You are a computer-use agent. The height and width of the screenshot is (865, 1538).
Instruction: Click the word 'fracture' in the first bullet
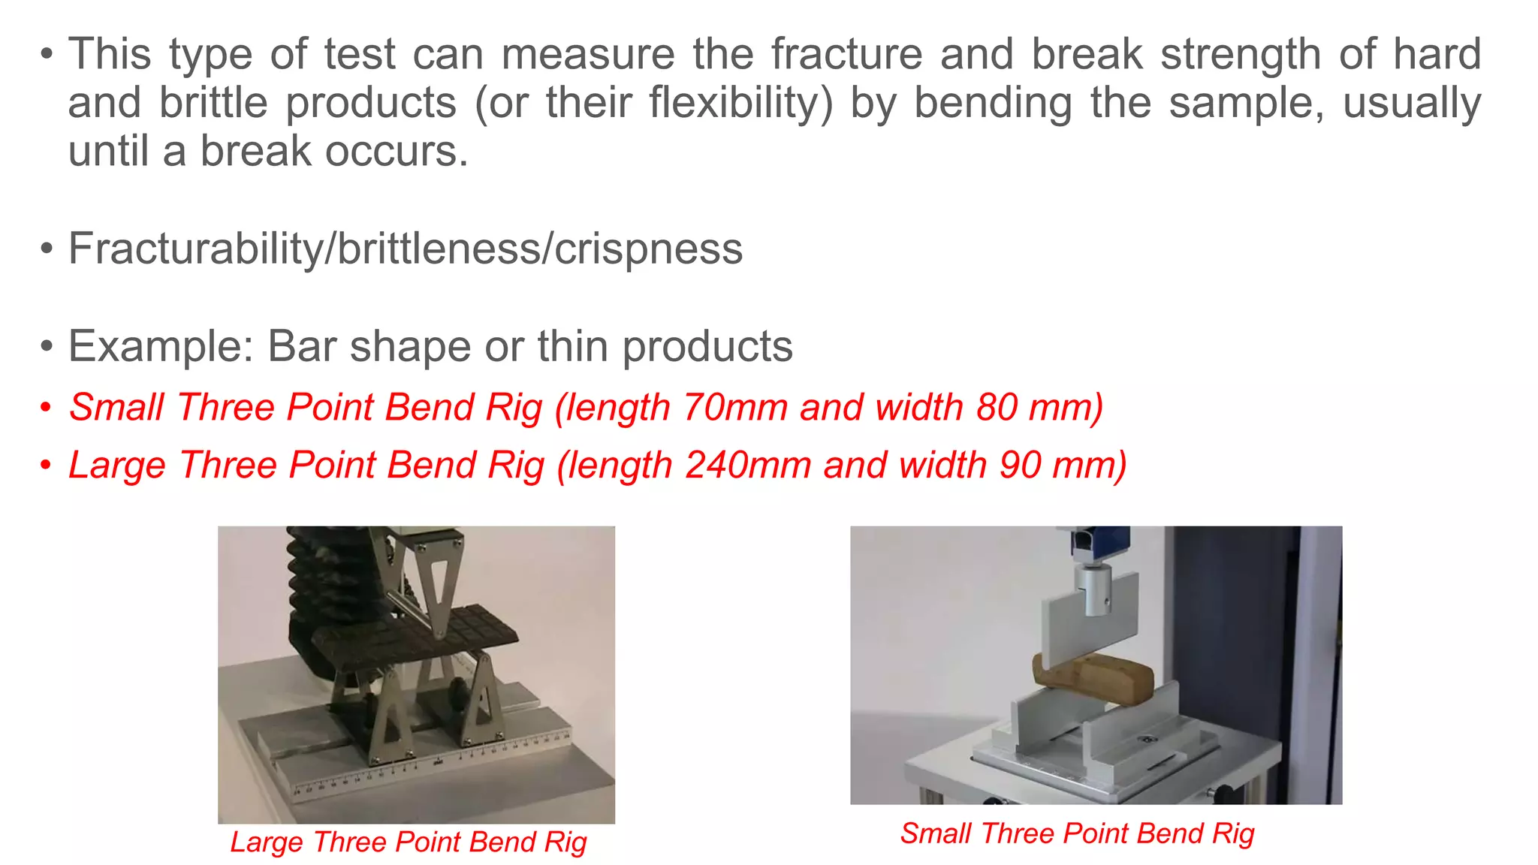point(846,54)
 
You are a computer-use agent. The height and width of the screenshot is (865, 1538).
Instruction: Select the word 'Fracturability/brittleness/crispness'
point(406,249)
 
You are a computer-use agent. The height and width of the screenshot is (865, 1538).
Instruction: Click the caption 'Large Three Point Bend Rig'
point(409,842)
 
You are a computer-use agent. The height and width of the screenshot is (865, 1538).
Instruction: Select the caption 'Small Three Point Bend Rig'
point(1077,833)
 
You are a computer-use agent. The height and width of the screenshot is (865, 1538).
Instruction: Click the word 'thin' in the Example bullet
point(571,346)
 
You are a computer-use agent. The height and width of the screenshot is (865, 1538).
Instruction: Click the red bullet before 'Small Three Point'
point(47,408)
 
